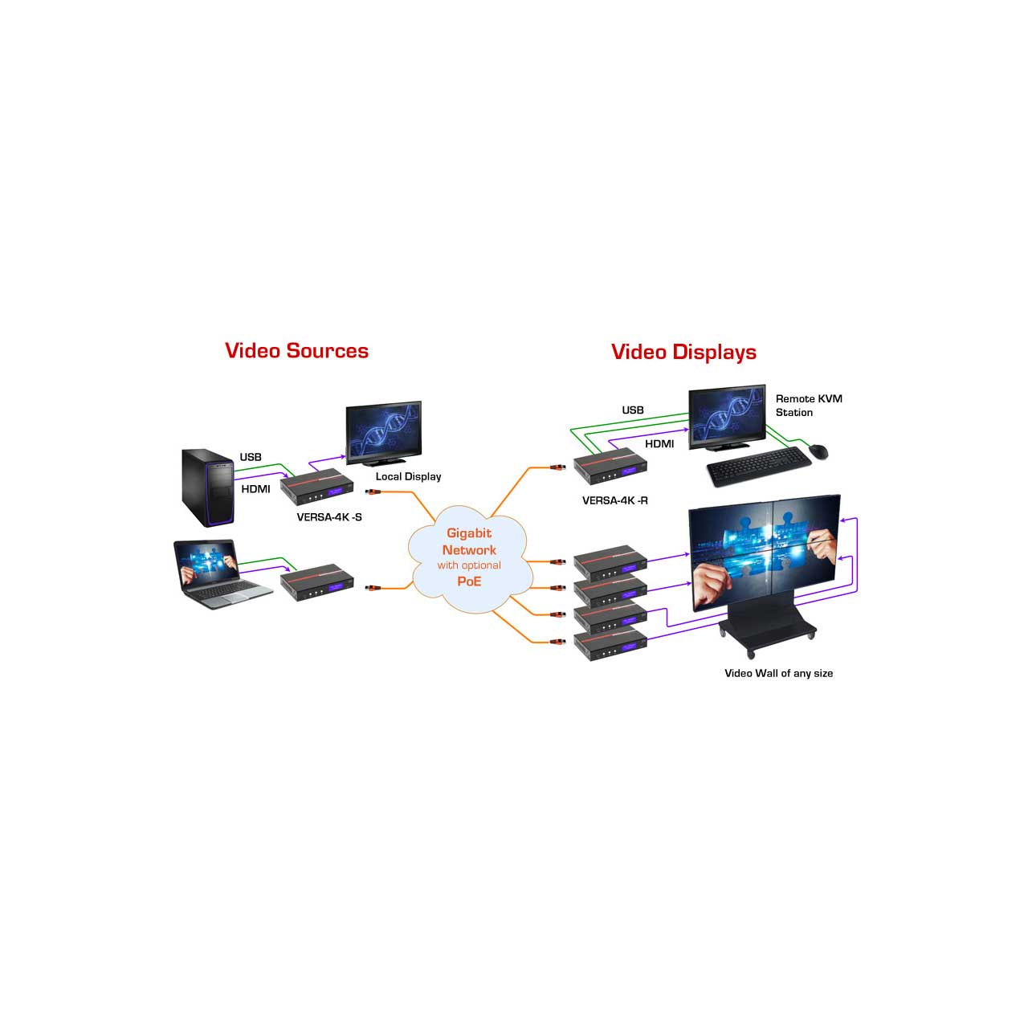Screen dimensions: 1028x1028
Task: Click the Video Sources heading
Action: (x=296, y=351)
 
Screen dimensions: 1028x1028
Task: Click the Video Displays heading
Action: (x=683, y=352)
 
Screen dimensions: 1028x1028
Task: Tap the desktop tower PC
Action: (x=207, y=487)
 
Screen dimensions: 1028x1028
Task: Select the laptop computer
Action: (x=210, y=573)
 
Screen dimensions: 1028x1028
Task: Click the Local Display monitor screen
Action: (x=383, y=430)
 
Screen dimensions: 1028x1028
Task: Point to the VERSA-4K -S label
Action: (x=329, y=517)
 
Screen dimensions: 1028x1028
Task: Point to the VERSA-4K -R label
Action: (x=614, y=500)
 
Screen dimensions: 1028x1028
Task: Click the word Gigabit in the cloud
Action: (x=469, y=533)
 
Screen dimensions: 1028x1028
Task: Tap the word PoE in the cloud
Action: (x=469, y=581)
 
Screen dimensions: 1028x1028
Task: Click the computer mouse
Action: (x=818, y=451)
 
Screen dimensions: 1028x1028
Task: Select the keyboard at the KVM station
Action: (x=757, y=472)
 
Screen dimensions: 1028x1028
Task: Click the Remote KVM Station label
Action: (x=808, y=406)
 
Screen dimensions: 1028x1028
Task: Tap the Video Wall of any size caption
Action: (x=778, y=673)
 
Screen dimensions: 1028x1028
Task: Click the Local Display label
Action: (x=408, y=476)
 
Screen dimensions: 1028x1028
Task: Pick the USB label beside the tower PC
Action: (x=251, y=457)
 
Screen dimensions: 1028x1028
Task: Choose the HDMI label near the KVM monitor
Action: (x=659, y=443)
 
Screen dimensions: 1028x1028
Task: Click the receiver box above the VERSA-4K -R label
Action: (x=610, y=471)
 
